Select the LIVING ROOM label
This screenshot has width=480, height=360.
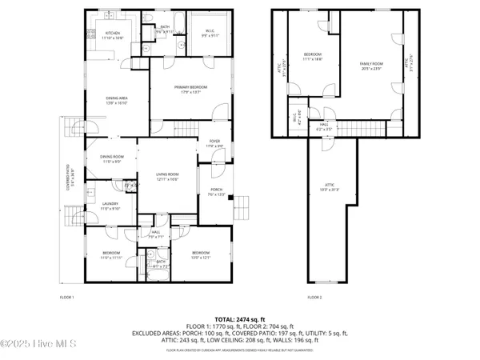click(x=166, y=176)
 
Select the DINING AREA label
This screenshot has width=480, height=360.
click(x=117, y=100)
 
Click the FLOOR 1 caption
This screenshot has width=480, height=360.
click(x=67, y=298)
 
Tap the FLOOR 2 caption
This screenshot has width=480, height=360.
click(x=314, y=298)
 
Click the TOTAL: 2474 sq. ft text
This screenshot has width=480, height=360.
click(x=240, y=319)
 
